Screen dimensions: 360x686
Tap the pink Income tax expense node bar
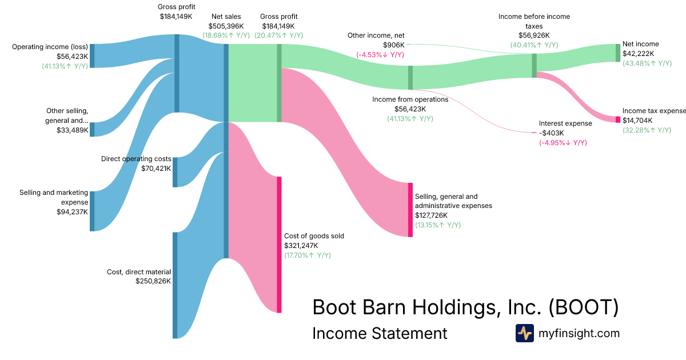[617, 119]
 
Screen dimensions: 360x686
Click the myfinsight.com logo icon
[524, 333]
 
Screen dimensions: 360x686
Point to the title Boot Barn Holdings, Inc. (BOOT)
[465, 307]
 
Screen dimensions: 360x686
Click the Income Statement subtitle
[380, 333]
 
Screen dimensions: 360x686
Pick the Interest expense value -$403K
[552, 133]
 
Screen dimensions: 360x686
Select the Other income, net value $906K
[393, 45]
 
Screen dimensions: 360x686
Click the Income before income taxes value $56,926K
[534, 35]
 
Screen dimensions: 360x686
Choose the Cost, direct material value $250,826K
[153, 281]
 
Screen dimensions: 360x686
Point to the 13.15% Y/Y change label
[437, 225]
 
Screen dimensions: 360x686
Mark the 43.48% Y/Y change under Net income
[647, 63]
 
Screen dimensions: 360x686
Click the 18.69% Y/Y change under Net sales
[226, 35]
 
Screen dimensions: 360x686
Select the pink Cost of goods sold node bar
[279, 245]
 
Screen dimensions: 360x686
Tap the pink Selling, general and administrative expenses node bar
[410, 210]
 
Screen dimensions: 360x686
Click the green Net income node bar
[617, 53]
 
